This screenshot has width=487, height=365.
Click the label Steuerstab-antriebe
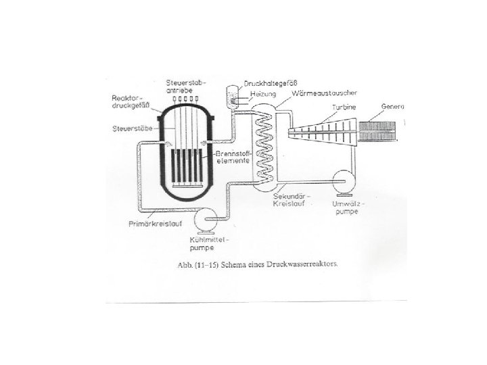[x=183, y=86]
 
